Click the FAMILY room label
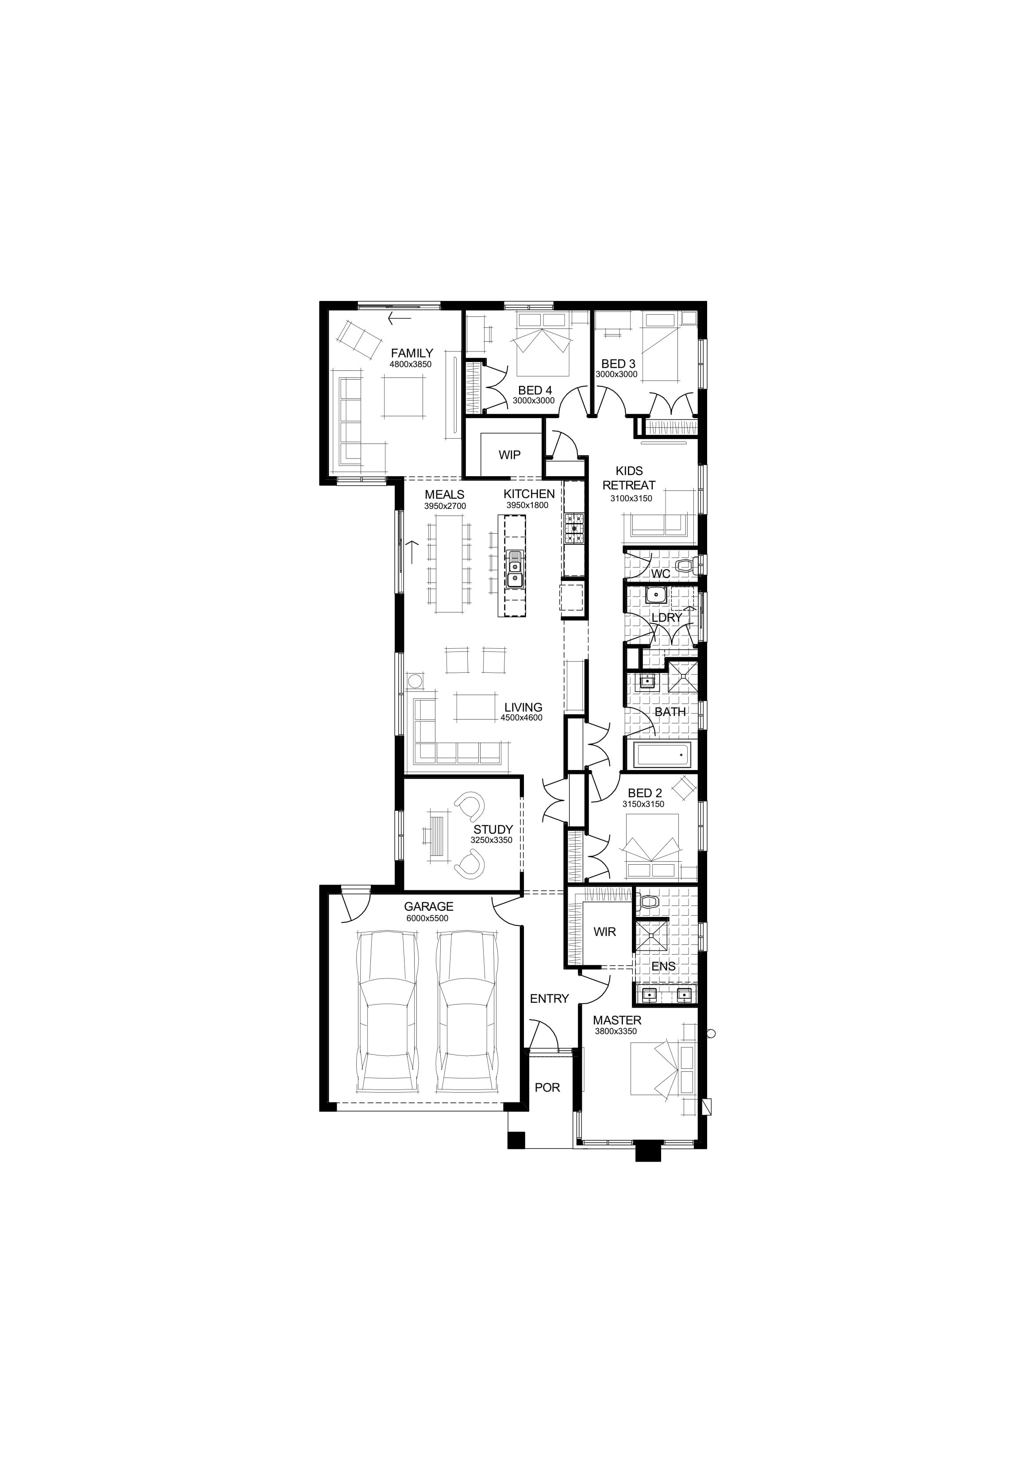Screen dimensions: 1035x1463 [x=412, y=353]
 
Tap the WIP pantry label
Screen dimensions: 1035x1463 [x=509, y=455]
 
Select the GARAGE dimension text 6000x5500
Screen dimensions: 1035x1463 [x=427, y=918]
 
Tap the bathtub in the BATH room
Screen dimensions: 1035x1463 [x=663, y=756]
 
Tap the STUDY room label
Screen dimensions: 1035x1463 [x=492, y=830]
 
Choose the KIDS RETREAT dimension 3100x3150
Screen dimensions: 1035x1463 [x=631, y=498]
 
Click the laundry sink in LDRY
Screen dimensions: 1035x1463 [x=654, y=596]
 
